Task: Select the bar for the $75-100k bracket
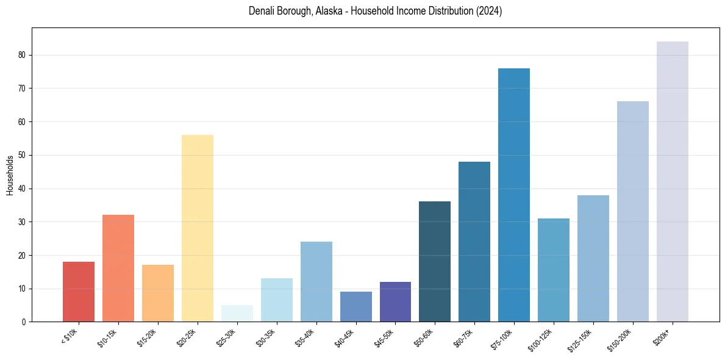514,195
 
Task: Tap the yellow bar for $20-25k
198,228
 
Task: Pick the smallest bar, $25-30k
237,314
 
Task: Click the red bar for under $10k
79,292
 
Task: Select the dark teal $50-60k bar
435,262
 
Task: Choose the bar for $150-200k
632,211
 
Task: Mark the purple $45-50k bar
395,302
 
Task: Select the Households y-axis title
10,175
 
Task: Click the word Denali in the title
262,12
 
